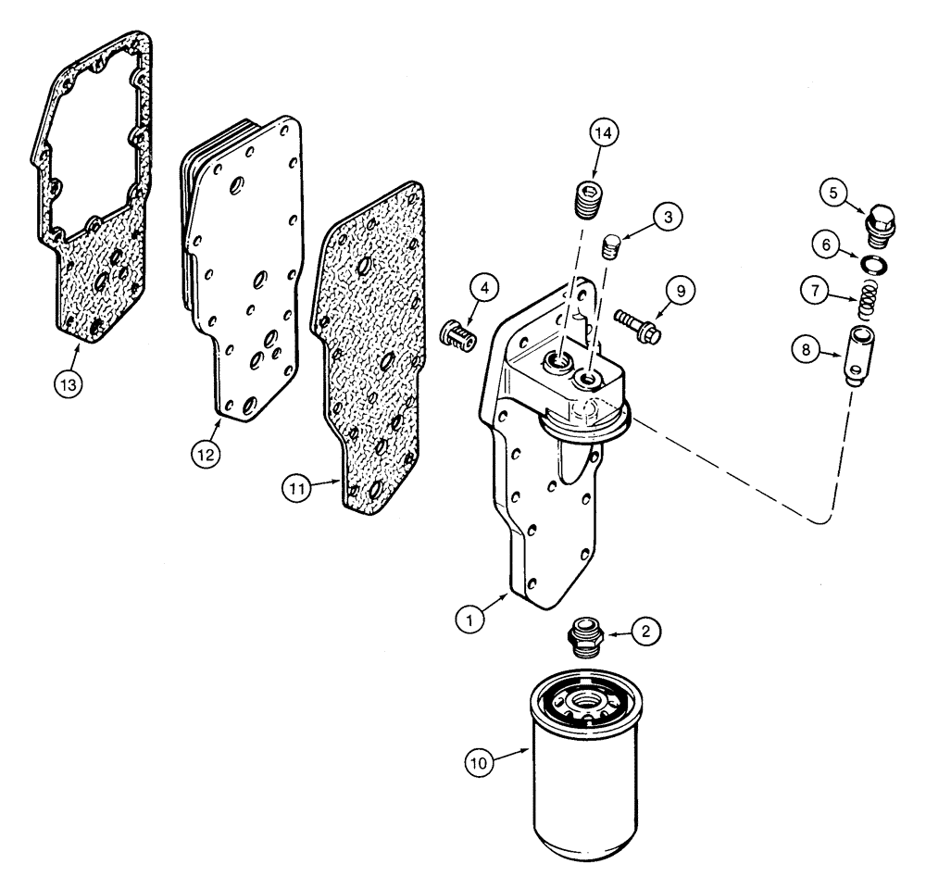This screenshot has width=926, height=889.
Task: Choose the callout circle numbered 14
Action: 604,134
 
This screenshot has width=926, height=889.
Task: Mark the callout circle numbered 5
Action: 833,195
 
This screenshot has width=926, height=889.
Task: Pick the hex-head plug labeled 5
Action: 882,225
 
